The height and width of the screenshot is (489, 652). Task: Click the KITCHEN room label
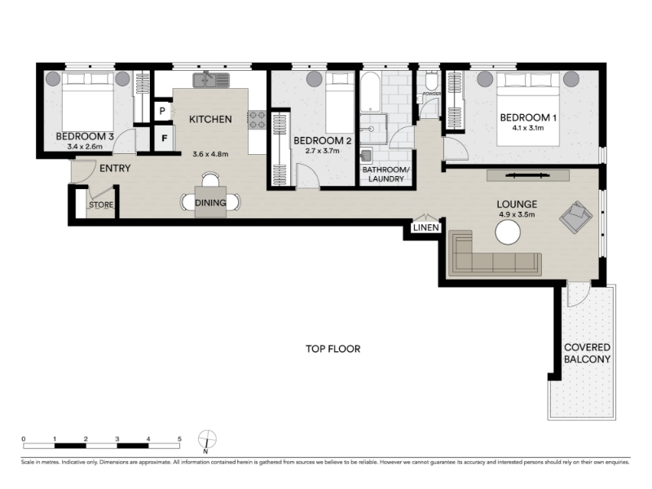pos(210,119)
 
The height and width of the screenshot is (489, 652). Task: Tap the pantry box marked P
pos(162,111)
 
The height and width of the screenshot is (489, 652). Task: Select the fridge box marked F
pos(165,139)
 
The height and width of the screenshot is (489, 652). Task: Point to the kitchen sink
pos(211,80)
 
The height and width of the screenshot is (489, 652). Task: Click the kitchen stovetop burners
pos(257,120)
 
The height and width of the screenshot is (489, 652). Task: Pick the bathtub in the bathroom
pos(370,93)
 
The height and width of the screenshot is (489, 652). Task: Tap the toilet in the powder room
pos(432,81)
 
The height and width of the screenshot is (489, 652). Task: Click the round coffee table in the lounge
pos(508,232)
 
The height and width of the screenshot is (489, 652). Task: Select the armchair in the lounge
pos(576,217)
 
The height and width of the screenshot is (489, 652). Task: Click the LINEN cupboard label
pos(426,228)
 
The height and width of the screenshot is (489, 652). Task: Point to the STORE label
pos(101,205)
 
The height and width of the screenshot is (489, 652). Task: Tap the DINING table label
pos(210,203)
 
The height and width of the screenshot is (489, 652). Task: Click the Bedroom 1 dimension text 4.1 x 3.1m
pos(527,128)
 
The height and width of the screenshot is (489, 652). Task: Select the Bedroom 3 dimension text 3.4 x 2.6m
pos(85,147)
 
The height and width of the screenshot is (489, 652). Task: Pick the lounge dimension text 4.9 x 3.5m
pos(517,215)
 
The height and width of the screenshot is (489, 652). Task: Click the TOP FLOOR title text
pos(333,349)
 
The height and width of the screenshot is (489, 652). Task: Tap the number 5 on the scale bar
pos(179,438)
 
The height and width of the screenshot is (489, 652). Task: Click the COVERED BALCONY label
pos(587,354)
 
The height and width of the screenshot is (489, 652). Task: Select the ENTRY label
pos(115,169)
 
